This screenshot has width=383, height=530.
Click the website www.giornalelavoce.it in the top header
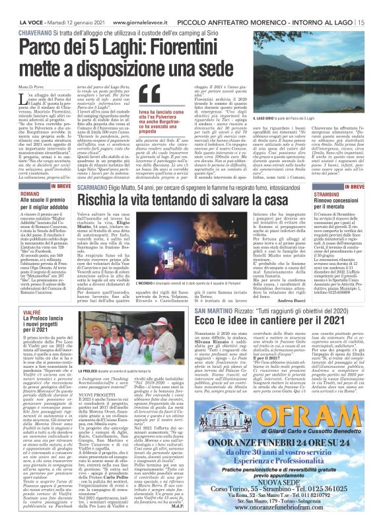tap(100, 5)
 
